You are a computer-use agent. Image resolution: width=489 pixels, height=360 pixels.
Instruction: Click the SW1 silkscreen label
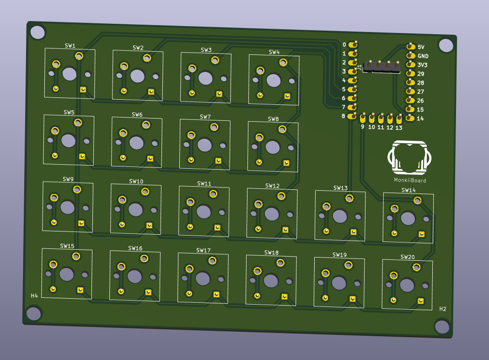coord(70,46)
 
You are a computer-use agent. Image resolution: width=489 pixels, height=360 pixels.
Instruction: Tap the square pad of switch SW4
coord(287,97)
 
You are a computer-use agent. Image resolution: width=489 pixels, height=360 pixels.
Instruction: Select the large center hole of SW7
coord(204,145)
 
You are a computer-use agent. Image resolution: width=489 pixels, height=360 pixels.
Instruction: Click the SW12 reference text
coord(272,186)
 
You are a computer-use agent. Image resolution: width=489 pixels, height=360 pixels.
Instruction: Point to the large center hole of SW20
coord(407,285)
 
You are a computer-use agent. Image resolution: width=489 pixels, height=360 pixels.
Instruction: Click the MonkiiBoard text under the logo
coord(410,180)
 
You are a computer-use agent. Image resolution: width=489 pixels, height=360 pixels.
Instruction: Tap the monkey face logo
coord(409,157)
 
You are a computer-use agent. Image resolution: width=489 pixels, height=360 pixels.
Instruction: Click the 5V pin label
coord(421,47)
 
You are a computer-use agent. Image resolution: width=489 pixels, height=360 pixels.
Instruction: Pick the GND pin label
coord(423,56)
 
